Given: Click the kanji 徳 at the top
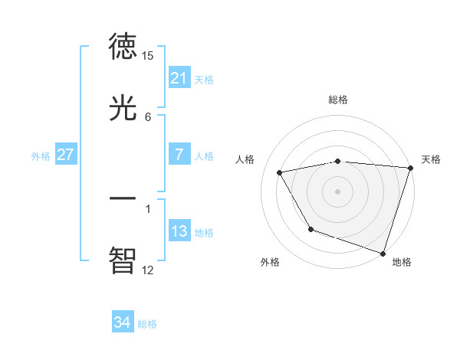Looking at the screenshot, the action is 123,46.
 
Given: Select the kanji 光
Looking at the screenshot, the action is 123,108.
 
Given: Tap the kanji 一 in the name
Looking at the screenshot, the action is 123,198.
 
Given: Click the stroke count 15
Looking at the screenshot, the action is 148,56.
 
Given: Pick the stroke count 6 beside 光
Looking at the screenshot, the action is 148,117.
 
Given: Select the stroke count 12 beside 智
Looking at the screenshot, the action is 148,270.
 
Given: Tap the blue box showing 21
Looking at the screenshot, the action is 179,78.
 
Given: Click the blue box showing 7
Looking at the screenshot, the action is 179,155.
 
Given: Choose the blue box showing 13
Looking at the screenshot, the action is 179,231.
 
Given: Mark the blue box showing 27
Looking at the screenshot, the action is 66,155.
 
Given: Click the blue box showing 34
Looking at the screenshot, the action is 123,323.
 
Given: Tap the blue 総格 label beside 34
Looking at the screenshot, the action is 147,324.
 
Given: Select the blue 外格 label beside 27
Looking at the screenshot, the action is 41,155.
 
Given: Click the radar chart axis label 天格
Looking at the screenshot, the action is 431,159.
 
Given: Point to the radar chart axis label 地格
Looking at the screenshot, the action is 402,262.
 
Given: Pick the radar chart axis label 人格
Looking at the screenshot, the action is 245,159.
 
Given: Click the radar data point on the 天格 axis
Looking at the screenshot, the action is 410,168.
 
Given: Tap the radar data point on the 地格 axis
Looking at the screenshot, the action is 383,253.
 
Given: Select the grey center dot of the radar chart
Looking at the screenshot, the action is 338,191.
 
